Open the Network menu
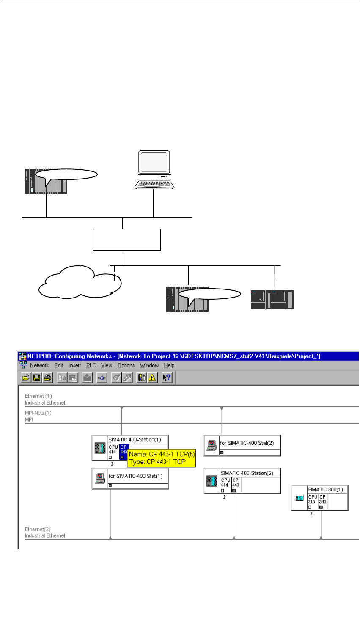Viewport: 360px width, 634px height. [39, 365]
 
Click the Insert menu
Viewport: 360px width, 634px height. [74, 365]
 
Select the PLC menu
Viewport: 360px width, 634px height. [91, 365]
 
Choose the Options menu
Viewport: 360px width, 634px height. [126, 365]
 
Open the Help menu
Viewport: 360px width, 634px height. [169, 365]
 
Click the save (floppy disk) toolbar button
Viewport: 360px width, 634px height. [37, 378]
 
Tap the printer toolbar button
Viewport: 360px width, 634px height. [47, 378]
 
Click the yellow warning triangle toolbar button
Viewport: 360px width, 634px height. [151, 378]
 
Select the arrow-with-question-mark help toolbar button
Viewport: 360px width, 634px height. [167, 378]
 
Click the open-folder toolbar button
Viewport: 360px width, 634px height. [26, 378]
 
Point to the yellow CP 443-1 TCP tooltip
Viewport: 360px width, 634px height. [161, 458]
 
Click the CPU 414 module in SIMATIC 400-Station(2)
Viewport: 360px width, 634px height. [225, 485]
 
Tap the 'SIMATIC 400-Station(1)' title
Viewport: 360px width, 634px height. [135, 440]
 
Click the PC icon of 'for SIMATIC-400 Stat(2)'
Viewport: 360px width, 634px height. [211, 446]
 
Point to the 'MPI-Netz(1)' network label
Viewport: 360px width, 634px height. [38, 413]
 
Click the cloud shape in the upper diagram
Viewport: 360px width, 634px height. [78, 281]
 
